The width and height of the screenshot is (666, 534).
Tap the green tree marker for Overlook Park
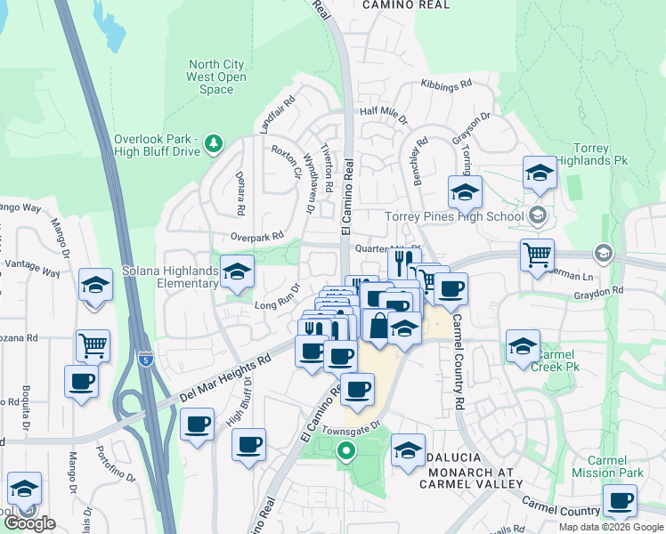[213, 142]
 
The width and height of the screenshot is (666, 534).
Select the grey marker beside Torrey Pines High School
[537, 215]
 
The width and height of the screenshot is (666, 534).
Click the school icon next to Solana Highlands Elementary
[237, 272]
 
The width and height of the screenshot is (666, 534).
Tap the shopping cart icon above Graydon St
[537, 255]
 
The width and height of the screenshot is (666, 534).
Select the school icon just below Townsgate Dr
[408, 451]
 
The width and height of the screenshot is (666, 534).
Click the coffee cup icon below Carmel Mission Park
[620, 500]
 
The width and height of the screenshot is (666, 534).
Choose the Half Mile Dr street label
[383, 116]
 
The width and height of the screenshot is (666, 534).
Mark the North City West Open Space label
[217, 77]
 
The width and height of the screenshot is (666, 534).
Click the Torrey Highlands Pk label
[584, 154]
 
